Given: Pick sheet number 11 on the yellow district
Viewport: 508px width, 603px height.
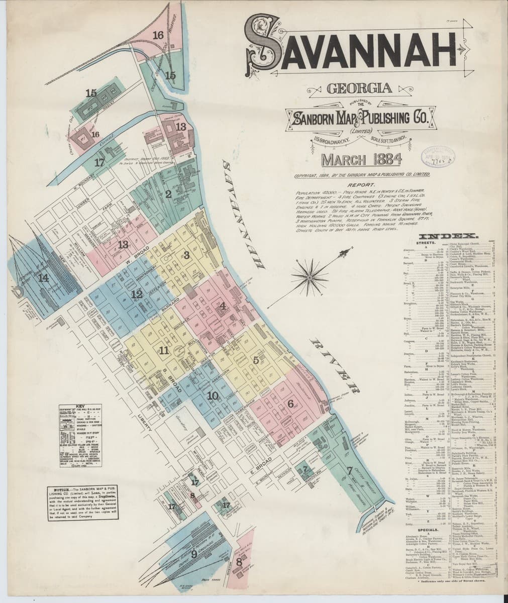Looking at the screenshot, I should [163, 351].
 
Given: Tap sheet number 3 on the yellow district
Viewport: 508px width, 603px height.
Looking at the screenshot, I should [186, 255].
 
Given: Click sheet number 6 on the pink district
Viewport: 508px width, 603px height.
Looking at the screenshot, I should [290, 403].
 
